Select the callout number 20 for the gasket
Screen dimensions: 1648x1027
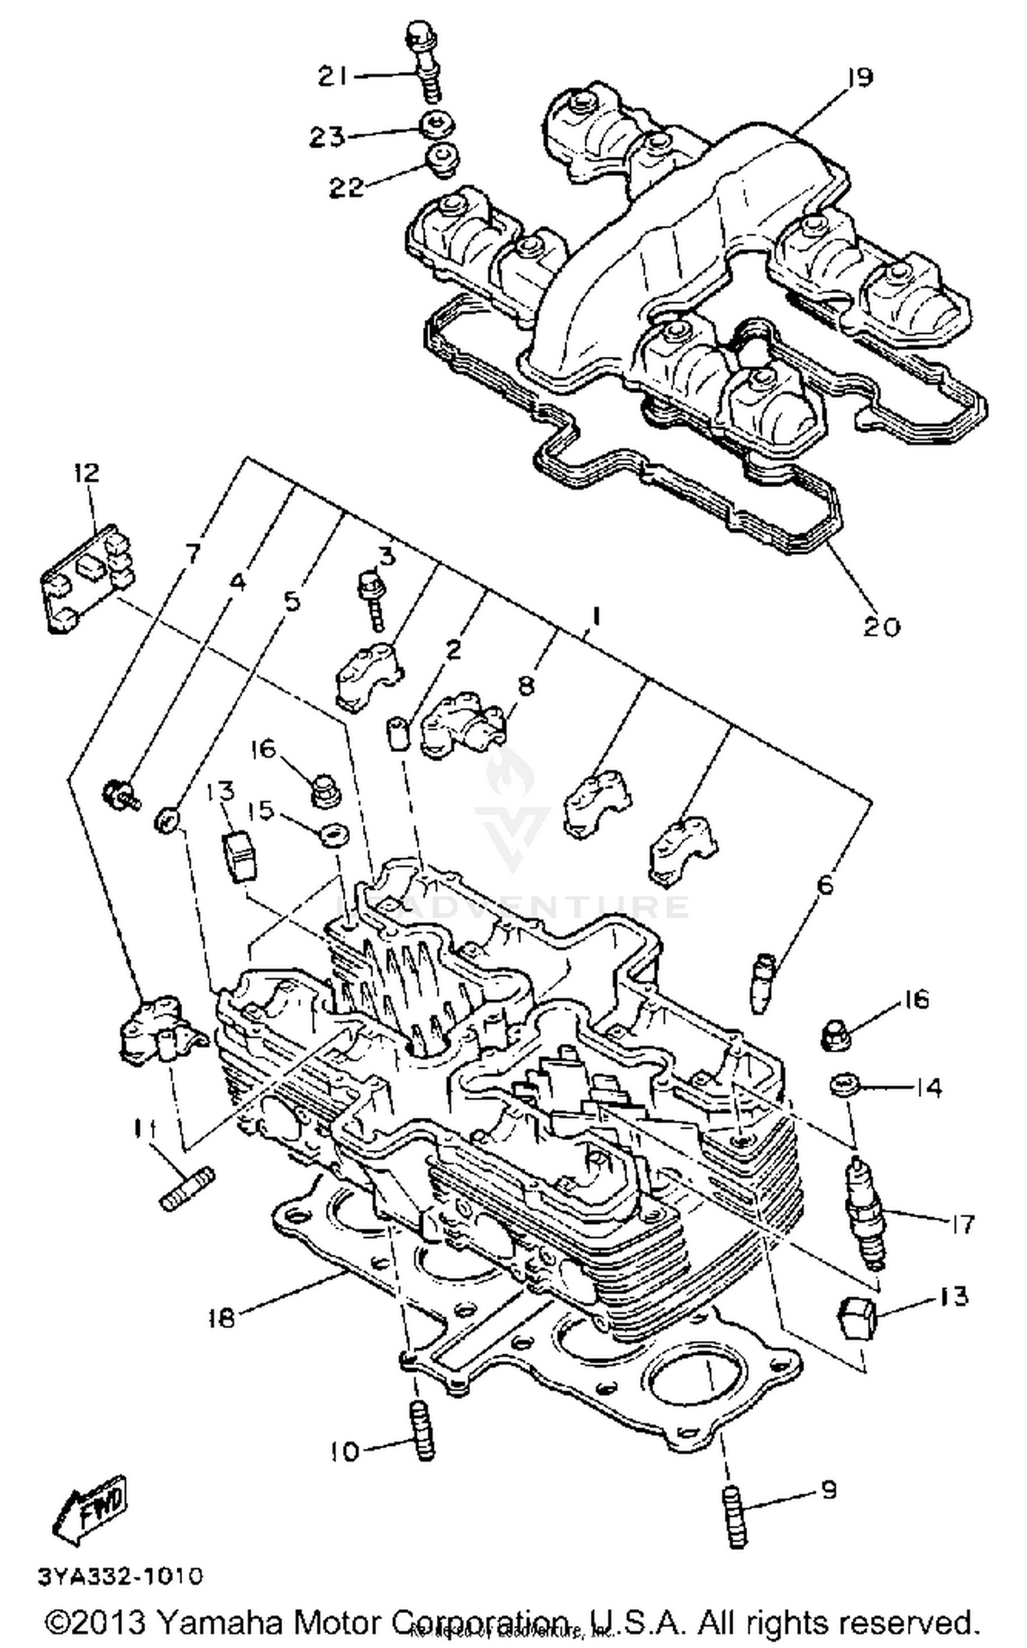880,626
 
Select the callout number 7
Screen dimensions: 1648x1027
194,552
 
